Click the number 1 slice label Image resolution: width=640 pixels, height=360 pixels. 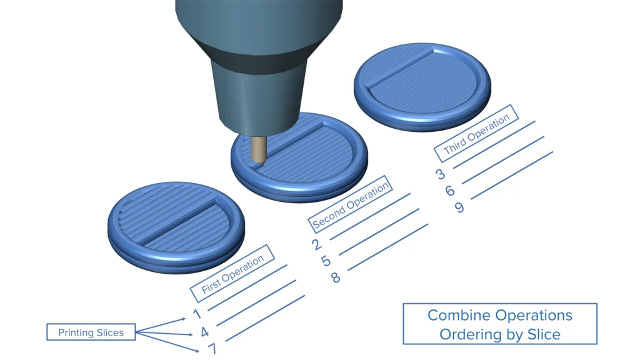(x=197, y=314)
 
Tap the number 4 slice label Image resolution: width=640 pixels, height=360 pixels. (x=205, y=332)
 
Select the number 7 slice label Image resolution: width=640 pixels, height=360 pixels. (x=212, y=349)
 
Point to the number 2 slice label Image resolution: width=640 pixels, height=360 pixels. (x=316, y=244)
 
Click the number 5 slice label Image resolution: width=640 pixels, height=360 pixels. (x=326, y=261)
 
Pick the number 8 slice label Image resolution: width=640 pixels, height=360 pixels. (x=335, y=277)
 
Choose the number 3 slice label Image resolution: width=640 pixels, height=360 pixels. (x=441, y=174)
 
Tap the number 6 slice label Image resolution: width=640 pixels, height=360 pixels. (x=450, y=191)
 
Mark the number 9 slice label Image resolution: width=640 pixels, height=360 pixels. (x=459, y=207)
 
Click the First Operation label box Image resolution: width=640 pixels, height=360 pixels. (x=232, y=274)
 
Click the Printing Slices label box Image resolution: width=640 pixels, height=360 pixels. (x=91, y=332)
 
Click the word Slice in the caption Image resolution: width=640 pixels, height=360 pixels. (x=544, y=334)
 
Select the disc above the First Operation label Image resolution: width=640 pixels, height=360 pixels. (x=176, y=227)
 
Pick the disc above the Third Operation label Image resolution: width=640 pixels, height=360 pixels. (x=422, y=86)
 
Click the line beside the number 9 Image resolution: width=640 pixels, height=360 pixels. (x=512, y=176)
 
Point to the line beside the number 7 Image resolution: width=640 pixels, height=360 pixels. (x=265, y=318)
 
